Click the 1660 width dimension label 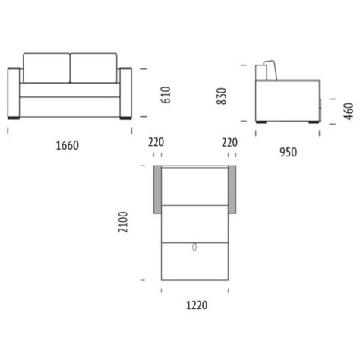(68, 146)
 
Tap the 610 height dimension (166, 95)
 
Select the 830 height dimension (222, 96)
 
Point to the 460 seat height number (349, 112)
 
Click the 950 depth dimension (289, 152)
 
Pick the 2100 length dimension (123, 222)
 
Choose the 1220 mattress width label (197, 305)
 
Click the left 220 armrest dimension (156, 142)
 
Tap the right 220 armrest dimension (229, 142)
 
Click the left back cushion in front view (46, 68)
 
